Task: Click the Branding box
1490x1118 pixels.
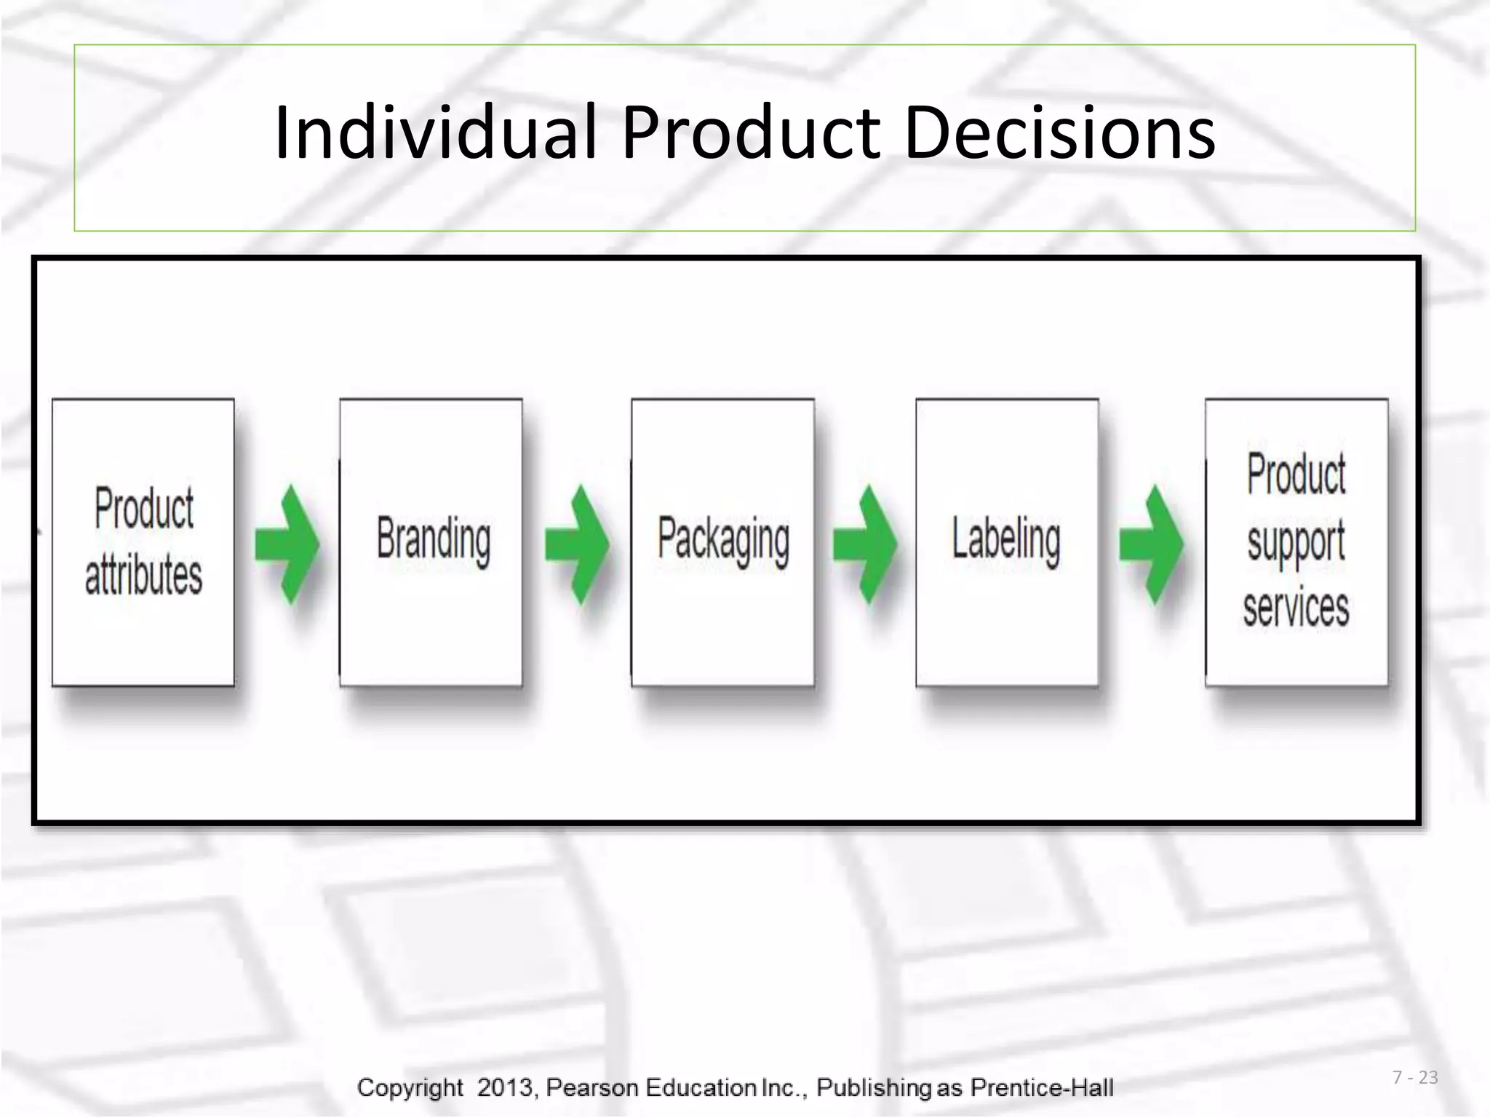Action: click(x=431, y=542)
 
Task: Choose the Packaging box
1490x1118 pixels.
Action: click(x=722, y=542)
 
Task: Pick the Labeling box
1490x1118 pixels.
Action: click(x=1007, y=542)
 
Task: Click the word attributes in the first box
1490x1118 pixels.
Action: click(x=143, y=575)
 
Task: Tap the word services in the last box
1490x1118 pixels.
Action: click(x=1296, y=608)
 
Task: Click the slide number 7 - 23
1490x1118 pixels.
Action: click(x=1415, y=1077)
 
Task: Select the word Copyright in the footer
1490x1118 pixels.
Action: click(x=410, y=1087)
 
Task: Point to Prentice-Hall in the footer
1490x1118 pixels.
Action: click(x=1042, y=1087)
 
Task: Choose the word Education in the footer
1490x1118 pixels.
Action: click(x=701, y=1087)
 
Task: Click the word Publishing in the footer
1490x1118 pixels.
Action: click(x=873, y=1087)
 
